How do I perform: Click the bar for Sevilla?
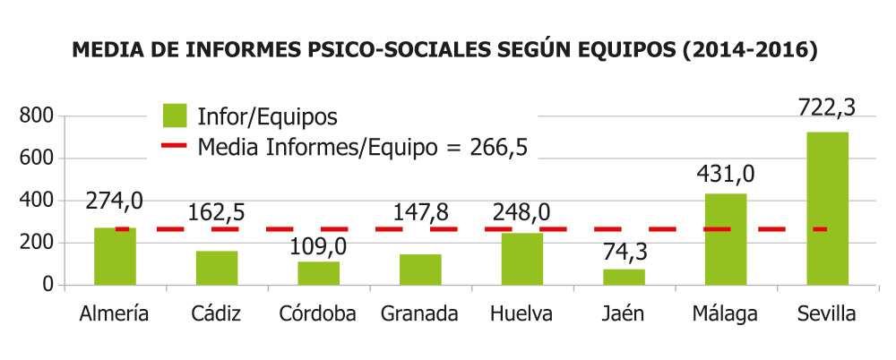click(827, 208)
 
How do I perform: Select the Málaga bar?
click(726, 239)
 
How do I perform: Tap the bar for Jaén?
click(624, 277)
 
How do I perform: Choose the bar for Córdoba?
click(318, 273)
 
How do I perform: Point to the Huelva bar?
click(521, 259)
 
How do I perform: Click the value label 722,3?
click(826, 107)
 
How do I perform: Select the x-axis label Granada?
click(419, 314)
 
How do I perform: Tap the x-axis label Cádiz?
click(216, 314)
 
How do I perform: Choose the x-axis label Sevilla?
click(826, 314)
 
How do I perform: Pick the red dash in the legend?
click(175, 146)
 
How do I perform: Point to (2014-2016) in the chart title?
click(749, 51)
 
